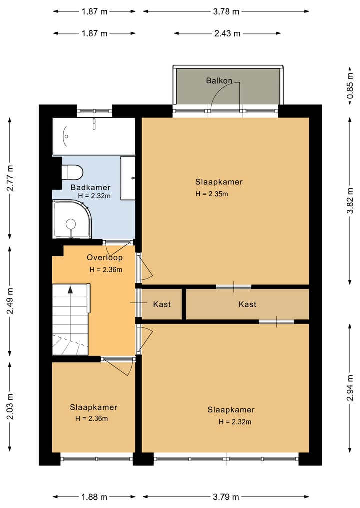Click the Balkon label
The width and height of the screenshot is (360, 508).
coord(219,81)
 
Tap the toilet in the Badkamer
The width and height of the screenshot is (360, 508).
coord(72,172)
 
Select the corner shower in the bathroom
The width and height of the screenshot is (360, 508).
coord(73,219)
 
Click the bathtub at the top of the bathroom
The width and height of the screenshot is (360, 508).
coord(94,136)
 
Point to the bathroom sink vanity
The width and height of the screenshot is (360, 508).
coord(128,178)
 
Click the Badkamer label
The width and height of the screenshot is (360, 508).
coord(91,188)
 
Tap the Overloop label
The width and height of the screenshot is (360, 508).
coord(105,258)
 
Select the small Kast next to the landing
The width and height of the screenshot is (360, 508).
coord(162,304)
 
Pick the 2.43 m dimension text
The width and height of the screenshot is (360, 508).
coord(227,33)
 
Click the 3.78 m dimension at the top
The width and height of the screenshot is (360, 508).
coord(226,11)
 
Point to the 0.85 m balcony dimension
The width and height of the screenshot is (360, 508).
coord(350,86)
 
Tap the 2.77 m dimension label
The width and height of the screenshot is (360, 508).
coord(10,178)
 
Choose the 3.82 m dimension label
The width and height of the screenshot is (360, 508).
coord(350,201)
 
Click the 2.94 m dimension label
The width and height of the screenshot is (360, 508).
coord(350,388)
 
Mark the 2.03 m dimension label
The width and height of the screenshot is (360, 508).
coord(10,406)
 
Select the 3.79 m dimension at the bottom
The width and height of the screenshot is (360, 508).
coord(226,497)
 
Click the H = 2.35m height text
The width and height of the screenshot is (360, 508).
coord(212,194)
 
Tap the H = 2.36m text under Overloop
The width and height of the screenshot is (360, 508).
coord(106,270)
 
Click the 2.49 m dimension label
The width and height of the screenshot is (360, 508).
coord(10,301)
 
